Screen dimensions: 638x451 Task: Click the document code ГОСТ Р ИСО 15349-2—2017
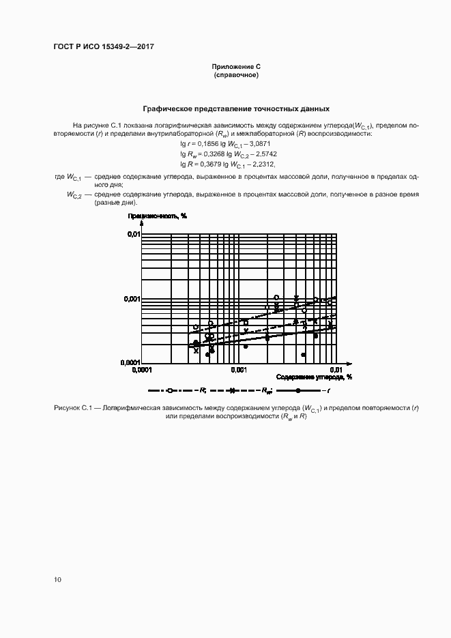(99, 47)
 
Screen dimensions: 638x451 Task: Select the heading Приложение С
(236, 66)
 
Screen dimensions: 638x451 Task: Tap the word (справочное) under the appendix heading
(236, 74)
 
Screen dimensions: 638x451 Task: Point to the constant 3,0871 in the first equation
(259, 145)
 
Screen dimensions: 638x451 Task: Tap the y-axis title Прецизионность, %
(158, 216)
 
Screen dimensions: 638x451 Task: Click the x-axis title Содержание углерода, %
(314, 377)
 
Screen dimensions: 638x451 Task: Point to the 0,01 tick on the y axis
(132, 234)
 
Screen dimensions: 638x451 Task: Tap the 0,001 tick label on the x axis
(238, 370)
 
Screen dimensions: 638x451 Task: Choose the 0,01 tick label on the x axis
(336, 370)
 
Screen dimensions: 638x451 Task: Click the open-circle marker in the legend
(170, 390)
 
